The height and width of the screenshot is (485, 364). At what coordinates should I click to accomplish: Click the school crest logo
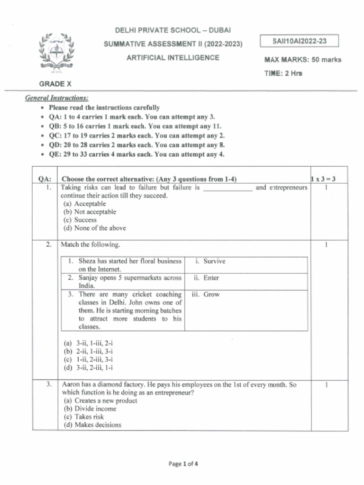(x=57, y=51)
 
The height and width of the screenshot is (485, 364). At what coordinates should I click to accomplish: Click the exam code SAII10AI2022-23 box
(x=300, y=41)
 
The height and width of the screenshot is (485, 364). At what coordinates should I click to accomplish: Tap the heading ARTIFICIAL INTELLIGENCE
(x=173, y=58)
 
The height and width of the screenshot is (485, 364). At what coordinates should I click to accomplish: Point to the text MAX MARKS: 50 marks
(x=302, y=60)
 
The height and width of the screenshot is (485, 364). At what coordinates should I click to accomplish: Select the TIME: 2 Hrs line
(x=283, y=73)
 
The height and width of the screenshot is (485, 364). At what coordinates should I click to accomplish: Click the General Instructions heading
(x=56, y=98)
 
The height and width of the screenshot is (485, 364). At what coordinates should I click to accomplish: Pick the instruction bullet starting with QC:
(x=136, y=135)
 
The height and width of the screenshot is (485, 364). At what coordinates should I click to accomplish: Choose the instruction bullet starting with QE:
(x=136, y=154)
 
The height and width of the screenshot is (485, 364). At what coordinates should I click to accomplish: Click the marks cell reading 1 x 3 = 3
(x=323, y=179)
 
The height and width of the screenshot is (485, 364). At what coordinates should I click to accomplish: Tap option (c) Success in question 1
(x=80, y=220)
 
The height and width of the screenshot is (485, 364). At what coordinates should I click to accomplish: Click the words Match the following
(x=91, y=245)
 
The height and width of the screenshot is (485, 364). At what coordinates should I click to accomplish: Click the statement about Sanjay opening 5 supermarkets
(x=125, y=282)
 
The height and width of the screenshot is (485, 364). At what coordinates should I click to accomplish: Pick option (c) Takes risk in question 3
(x=82, y=417)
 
